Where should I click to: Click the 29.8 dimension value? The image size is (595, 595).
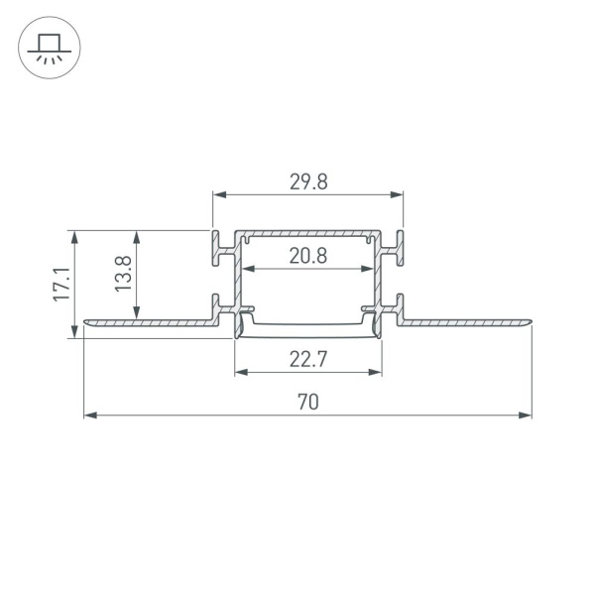click(x=307, y=181)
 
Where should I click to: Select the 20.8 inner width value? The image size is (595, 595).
click(x=307, y=256)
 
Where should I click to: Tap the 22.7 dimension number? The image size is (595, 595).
click(x=307, y=360)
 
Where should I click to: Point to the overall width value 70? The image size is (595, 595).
click(x=307, y=402)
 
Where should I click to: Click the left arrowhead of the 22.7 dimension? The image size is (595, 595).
click(x=240, y=373)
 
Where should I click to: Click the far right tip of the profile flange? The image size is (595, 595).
click(x=531, y=321)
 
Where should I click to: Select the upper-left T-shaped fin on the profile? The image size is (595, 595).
click(x=217, y=248)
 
